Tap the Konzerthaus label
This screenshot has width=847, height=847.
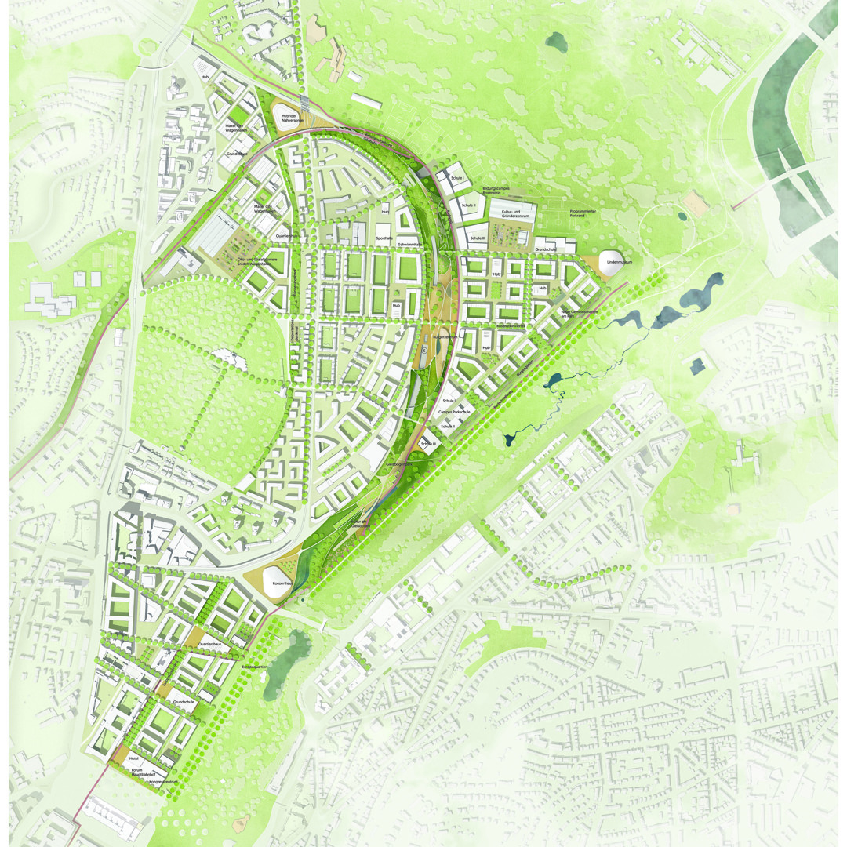coord(282,584)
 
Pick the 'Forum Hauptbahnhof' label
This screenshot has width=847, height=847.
coord(147,772)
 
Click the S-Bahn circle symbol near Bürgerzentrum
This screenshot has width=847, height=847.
coord(423,357)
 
